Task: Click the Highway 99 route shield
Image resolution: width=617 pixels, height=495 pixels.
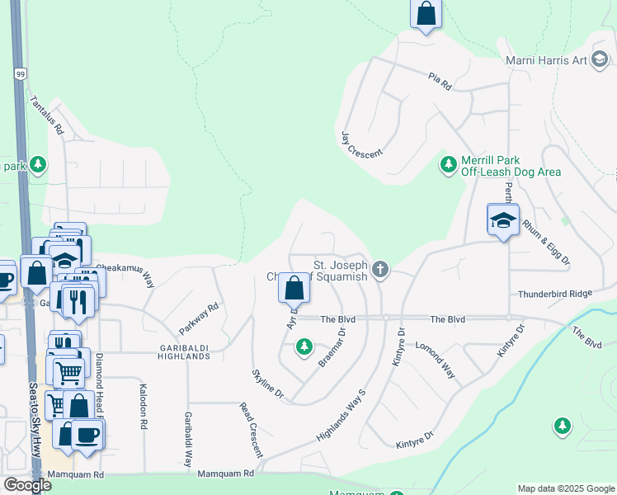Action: click(19, 73)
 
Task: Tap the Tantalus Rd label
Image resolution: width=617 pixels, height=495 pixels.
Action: click(46, 115)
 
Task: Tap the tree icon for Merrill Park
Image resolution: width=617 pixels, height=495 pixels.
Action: click(449, 165)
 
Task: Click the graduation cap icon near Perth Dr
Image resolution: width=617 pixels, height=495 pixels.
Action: click(502, 220)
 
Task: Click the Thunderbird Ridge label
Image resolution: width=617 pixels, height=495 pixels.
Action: click(554, 295)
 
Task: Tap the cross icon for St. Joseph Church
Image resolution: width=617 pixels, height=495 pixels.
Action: click(379, 269)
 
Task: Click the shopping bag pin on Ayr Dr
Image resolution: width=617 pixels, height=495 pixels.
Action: click(294, 289)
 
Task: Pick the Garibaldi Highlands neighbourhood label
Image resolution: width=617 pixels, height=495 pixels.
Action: click(186, 351)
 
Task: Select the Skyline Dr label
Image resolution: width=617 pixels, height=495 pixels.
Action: click(267, 385)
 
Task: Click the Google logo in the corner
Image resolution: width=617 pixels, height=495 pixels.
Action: click(27, 485)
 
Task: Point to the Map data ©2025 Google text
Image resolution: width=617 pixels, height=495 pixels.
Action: click(565, 488)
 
